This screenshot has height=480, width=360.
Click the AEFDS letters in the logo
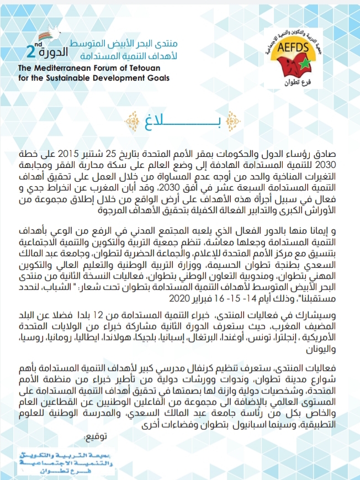point(299,48)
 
